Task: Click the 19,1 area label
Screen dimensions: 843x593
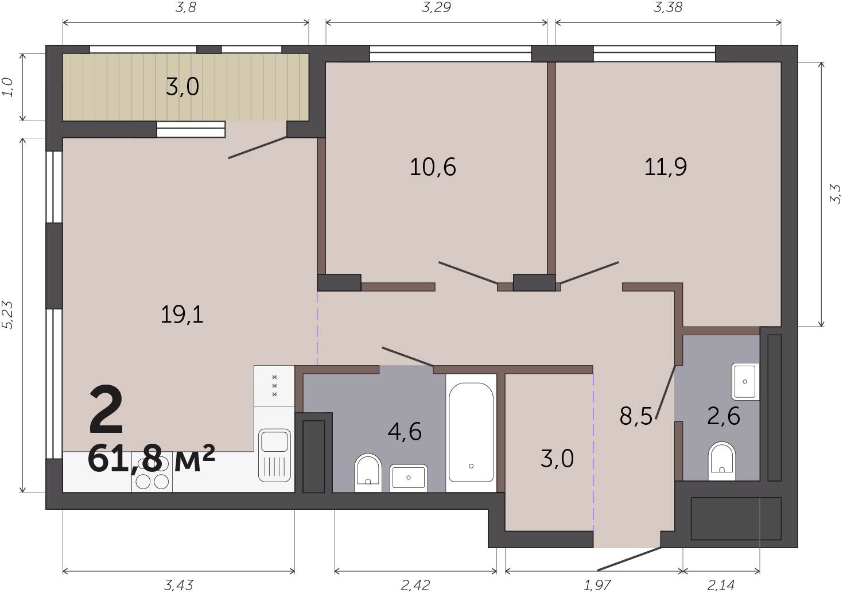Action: (x=182, y=315)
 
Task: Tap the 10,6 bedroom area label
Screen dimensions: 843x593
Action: (x=433, y=167)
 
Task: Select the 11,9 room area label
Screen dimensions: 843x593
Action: (x=666, y=167)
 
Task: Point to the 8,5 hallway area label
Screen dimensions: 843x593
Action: (x=636, y=416)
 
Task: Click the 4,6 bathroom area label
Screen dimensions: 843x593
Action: (x=405, y=432)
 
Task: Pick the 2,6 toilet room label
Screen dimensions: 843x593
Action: (x=723, y=416)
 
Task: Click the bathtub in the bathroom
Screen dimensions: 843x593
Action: (x=471, y=433)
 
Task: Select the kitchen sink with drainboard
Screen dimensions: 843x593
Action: (x=275, y=456)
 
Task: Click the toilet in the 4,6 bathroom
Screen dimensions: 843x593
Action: (x=368, y=473)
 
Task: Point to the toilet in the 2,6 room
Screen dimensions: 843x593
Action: (x=722, y=461)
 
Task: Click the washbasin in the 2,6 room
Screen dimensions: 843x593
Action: (x=745, y=381)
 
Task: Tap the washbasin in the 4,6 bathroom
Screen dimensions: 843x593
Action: (x=409, y=478)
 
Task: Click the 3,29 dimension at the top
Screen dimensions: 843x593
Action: (x=437, y=7)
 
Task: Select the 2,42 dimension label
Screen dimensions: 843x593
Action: (x=415, y=585)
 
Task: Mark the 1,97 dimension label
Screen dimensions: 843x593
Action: (x=597, y=585)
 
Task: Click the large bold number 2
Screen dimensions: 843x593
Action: (x=106, y=410)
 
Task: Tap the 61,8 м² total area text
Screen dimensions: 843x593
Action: (x=151, y=458)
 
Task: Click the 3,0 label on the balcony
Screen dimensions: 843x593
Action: (x=182, y=87)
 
